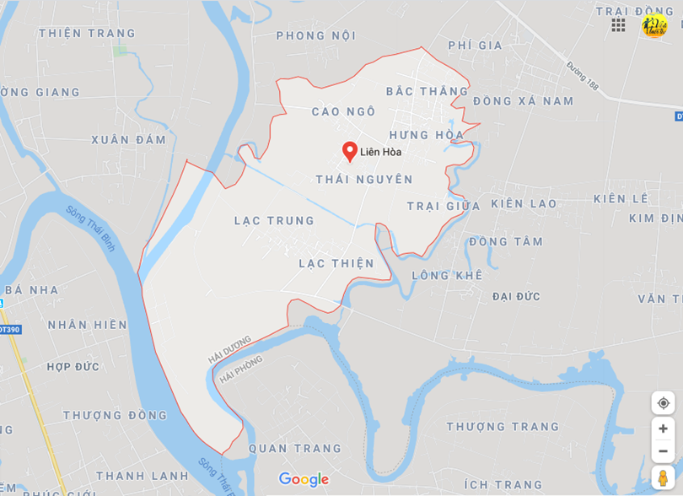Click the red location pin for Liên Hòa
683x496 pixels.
pos(350,151)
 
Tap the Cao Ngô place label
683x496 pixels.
pos(343,111)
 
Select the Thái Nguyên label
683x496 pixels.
pos(364,180)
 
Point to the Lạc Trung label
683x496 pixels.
pos(274,221)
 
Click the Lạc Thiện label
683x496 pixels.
pos(336,264)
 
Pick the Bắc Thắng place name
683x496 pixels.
pos(427,91)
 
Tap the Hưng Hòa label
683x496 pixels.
pos(427,135)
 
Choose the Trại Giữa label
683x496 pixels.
pos(444,206)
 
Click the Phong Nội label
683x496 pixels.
pos(316,35)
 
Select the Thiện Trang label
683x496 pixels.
pos(87,34)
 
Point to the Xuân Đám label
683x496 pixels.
pos(129,139)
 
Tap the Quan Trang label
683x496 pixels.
pos(295,449)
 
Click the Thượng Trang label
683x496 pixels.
pos(503,427)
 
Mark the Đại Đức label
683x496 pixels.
pos(516,297)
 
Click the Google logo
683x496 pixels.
pos(304,479)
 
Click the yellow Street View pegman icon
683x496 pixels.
pos(663,477)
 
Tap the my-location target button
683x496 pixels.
pos(663,403)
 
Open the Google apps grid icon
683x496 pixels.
pos(618,25)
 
